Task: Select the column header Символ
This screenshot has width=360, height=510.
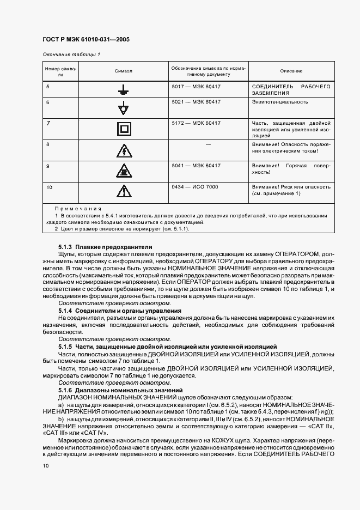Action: (124, 71)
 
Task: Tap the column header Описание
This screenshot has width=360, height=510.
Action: (291, 71)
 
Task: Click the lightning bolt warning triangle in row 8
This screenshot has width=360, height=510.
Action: (124, 151)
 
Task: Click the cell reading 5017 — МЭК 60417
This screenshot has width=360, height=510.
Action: (196, 87)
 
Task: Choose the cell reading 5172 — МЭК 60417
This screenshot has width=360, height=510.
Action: (196, 123)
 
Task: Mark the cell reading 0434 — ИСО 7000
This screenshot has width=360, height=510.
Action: (194, 187)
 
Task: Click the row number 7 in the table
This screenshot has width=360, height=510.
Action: (48, 123)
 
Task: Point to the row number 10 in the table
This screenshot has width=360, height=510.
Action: (49, 187)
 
